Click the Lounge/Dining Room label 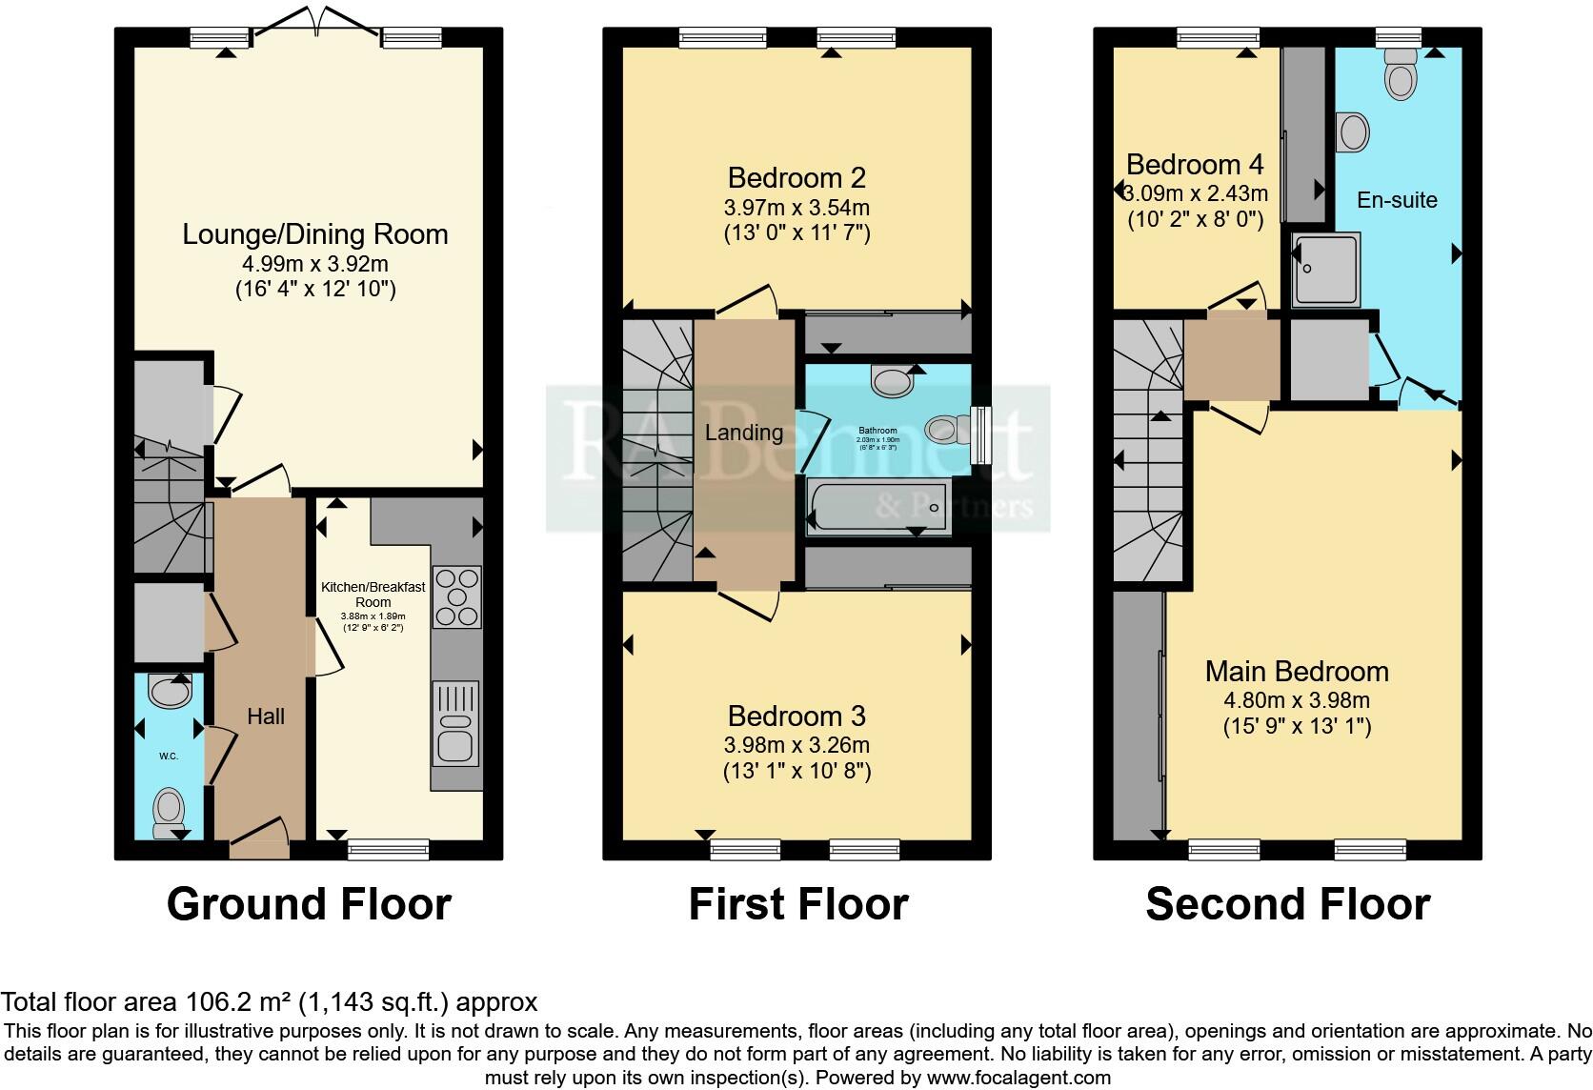tap(314, 234)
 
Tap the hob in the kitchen tap(457, 596)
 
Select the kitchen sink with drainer tap(456, 723)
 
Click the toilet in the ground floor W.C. tap(170, 808)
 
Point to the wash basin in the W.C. tap(171, 691)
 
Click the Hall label tap(266, 717)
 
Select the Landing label tap(743, 433)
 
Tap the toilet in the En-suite tap(1400, 78)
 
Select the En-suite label tap(1397, 200)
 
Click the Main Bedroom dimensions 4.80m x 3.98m tap(1296, 701)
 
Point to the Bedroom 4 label tap(1195, 165)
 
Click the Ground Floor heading tap(309, 904)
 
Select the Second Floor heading tap(1287, 904)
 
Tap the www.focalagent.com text tap(1018, 1079)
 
